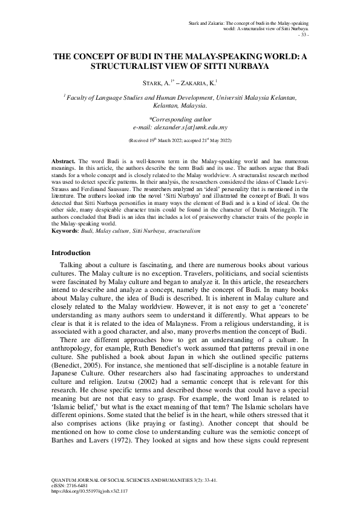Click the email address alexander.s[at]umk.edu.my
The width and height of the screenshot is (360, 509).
click(x=180, y=128)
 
